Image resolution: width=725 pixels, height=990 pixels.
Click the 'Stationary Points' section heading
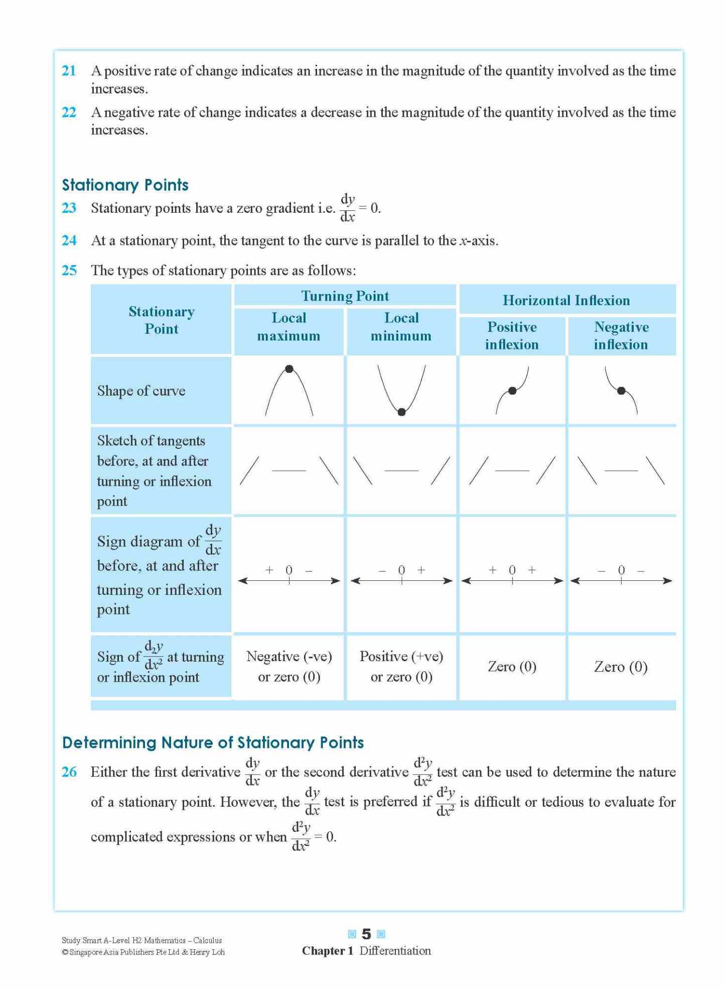point(125,185)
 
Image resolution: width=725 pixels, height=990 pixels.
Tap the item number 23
point(69,208)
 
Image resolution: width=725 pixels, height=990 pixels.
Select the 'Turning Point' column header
point(345,296)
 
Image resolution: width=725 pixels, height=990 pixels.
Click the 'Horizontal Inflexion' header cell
point(566,300)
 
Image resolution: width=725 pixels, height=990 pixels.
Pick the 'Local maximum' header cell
point(288,327)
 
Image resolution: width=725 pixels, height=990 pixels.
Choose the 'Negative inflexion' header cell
point(621,335)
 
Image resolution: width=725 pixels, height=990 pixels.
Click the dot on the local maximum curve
point(289,369)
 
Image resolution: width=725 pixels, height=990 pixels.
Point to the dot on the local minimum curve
point(401,412)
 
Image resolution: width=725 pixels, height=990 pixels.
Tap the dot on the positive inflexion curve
point(512,391)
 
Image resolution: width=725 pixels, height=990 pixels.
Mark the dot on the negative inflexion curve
point(621,391)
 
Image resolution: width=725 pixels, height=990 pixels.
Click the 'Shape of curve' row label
point(141,391)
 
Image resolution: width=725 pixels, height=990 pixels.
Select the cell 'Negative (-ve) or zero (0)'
point(289,666)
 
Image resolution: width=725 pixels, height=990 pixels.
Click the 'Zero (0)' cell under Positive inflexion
point(512,667)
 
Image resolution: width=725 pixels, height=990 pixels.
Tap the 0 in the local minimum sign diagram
point(401,570)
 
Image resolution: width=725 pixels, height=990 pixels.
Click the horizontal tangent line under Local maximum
point(289,470)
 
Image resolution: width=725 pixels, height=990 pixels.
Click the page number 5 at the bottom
point(366,934)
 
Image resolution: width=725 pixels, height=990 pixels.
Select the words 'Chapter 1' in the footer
point(328,951)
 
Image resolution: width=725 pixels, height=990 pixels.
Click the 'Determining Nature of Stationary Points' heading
point(213,742)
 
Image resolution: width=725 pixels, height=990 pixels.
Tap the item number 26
point(69,772)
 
